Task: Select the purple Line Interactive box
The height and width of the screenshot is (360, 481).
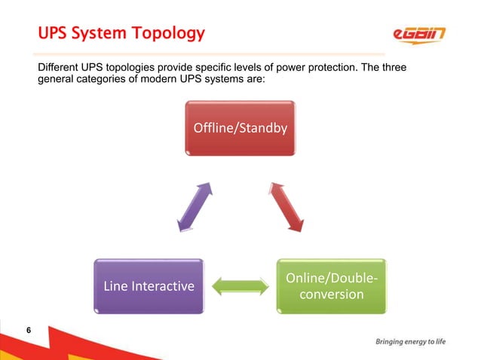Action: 148,286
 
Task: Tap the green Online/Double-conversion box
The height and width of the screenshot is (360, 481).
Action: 332,286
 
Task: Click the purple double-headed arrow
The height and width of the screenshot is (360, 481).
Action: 193,205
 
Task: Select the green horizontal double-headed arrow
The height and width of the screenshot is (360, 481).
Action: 240,286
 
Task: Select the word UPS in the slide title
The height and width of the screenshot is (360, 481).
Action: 51,34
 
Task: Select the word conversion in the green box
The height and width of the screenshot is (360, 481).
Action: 332,294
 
